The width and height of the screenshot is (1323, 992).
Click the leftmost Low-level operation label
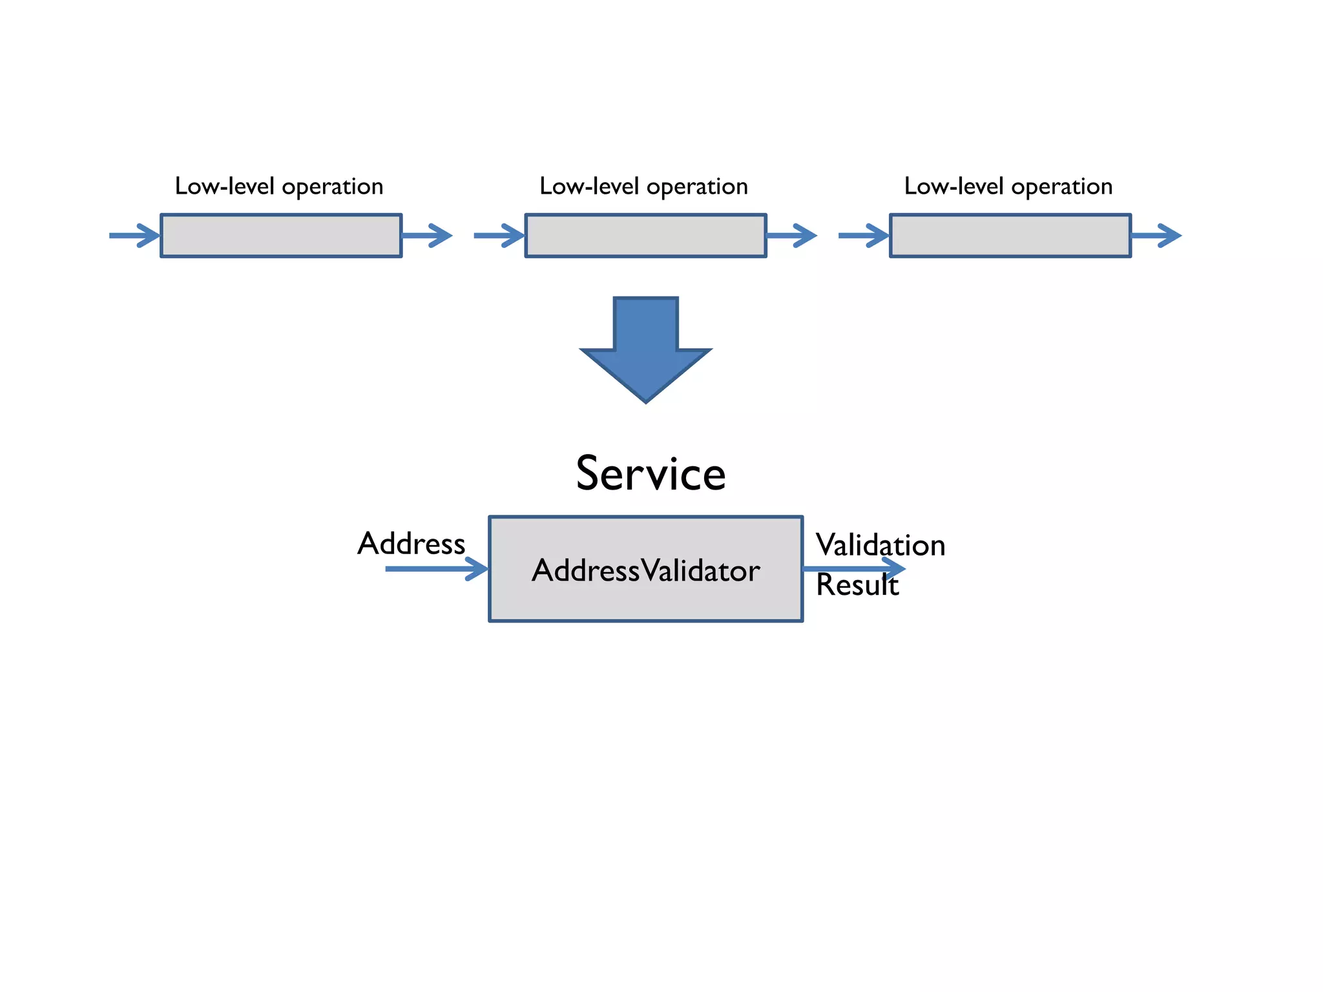pos(279,187)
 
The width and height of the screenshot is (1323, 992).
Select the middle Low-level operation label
pos(643,187)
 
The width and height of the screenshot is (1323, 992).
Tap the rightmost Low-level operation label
pos(1008,187)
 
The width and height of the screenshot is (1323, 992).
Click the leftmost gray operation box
pos(281,236)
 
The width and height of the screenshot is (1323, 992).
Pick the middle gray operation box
pos(645,236)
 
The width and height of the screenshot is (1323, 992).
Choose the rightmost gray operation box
pos(1010,236)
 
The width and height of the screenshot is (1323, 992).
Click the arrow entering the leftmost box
pos(134,235)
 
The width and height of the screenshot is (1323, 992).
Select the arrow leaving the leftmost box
pos(427,235)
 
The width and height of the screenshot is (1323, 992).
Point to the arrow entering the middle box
pos(499,235)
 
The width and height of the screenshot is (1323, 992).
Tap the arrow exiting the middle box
pos(791,235)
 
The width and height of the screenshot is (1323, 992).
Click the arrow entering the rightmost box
pos(863,235)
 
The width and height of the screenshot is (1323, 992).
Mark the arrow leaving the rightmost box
pos(1156,235)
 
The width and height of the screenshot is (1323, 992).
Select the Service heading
pos(651,473)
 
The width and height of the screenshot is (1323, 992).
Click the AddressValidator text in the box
pos(645,570)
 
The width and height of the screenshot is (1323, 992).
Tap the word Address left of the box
pos(411,543)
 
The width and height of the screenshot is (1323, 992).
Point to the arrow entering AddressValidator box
pos(436,568)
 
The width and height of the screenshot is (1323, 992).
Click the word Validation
pos(880,544)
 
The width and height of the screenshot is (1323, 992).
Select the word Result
pos(857,585)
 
